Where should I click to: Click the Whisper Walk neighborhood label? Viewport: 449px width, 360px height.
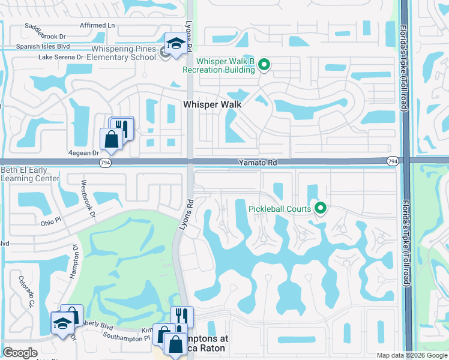tap(212, 104)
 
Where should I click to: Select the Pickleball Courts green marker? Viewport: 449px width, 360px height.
tap(321, 208)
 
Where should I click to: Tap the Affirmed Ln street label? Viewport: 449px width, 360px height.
tap(98, 25)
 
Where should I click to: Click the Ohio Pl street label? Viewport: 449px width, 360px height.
tap(51, 221)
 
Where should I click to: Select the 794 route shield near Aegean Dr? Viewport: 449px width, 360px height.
tap(103, 162)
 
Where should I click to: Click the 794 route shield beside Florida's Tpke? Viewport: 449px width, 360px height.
tap(393, 161)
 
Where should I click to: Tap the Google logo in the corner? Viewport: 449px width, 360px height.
tap(20, 353)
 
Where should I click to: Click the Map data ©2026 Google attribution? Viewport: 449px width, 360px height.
tap(411, 355)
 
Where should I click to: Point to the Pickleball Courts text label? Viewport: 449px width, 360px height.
tap(280, 209)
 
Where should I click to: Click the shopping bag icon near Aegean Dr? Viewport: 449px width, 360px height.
tap(112, 139)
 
